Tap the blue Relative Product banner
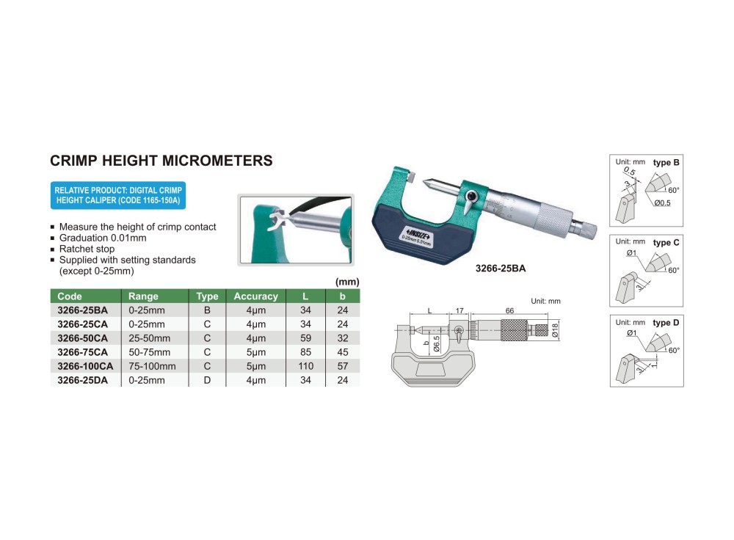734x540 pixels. tap(118, 195)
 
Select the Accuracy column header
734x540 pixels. tap(255, 296)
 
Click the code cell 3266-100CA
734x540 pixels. tap(85, 366)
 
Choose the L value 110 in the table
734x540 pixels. tap(305, 366)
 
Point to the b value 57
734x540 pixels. tap(343, 366)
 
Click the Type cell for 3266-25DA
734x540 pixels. tap(207, 380)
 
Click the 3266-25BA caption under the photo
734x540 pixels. tap(501, 268)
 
